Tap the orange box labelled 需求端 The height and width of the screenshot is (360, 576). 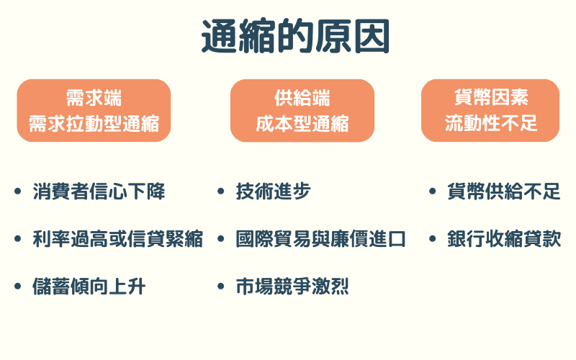94,110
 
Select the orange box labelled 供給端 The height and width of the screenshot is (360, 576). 302,110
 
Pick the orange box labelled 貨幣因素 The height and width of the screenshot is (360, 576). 490,110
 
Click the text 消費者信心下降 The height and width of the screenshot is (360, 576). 99,192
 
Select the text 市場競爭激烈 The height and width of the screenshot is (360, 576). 292,287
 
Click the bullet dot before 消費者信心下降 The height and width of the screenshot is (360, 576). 18,192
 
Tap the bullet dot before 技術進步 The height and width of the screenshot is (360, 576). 221,192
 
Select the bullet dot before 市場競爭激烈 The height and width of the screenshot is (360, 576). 221,287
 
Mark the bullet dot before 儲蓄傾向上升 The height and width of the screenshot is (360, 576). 18,287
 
